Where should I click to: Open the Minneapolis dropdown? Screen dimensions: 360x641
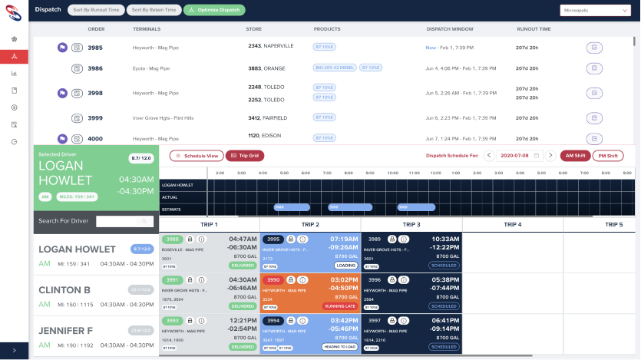click(595, 11)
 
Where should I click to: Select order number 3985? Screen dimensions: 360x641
click(95, 48)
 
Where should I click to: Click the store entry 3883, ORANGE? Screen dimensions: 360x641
click(266, 68)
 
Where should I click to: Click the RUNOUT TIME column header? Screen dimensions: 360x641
click(534, 29)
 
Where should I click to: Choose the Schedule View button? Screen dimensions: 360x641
click(197, 156)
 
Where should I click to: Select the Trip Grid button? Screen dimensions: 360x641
click(244, 156)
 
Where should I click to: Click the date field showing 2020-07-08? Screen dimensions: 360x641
click(520, 156)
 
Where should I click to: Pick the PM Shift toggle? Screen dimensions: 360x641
click(608, 156)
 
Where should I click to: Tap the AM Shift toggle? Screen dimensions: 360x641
click(574, 156)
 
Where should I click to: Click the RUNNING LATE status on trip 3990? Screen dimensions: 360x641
click(339, 306)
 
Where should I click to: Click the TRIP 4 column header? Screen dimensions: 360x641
click(512, 225)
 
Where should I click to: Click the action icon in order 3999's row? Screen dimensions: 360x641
click(594, 118)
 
